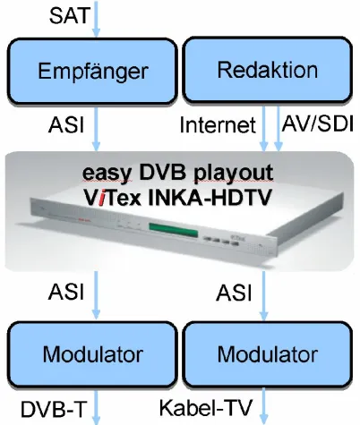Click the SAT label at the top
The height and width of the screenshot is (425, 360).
(69, 16)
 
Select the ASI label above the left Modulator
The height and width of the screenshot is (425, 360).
(68, 293)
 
